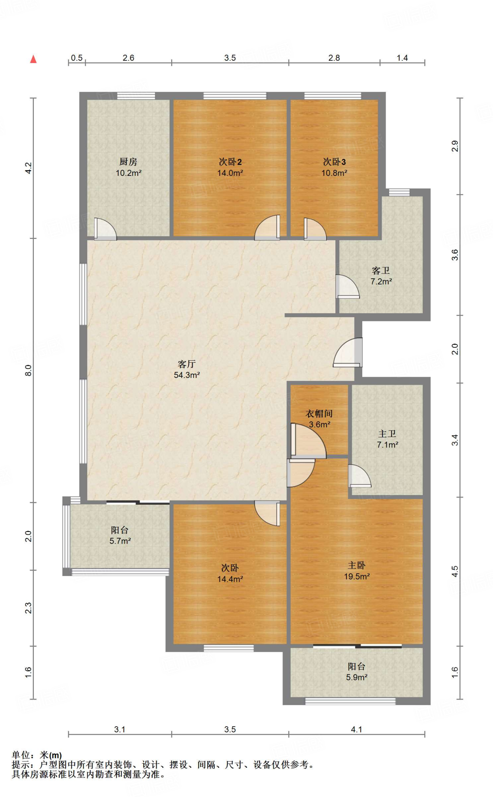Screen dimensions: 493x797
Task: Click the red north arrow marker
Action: click(33, 59)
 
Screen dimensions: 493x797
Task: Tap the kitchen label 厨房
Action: click(128, 162)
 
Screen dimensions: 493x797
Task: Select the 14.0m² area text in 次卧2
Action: click(230, 173)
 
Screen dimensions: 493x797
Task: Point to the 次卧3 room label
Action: click(334, 162)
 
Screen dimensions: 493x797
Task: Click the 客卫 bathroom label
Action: click(381, 270)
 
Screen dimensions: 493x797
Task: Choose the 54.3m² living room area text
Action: click(187, 375)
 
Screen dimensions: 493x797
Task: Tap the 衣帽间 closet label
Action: click(319, 414)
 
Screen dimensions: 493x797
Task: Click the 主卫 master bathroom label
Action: click(387, 434)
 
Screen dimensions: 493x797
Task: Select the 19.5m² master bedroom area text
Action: click(357, 576)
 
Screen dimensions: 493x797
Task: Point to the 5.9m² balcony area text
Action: click(357, 677)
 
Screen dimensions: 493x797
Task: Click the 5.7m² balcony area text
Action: click(120, 541)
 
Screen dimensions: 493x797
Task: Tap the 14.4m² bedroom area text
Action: click(230, 579)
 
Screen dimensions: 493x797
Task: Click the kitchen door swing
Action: click(105, 229)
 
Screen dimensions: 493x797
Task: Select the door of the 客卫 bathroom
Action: click(347, 286)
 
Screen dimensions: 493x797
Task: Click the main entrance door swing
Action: click(348, 352)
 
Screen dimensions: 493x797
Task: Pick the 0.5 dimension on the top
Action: click(77, 58)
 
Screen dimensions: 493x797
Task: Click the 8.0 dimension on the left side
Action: click(28, 370)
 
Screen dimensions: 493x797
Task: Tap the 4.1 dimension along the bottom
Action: click(356, 729)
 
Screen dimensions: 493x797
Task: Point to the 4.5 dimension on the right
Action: click(455, 571)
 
